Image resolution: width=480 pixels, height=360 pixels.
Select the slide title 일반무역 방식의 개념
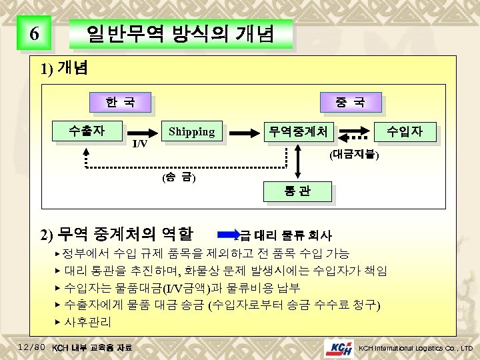click(180, 34)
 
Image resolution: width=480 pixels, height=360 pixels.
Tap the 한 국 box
click(120, 103)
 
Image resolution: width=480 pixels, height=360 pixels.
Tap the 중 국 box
click(350, 103)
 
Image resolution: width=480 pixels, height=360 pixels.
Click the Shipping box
click(191, 132)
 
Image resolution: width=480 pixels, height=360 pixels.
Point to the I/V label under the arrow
click(139, 145)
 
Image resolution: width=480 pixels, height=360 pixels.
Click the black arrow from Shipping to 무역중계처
click(242, 132)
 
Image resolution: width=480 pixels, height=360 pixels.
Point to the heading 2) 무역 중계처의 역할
click(117, 234)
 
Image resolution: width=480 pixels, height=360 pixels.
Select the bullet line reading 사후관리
click(83, 321)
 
